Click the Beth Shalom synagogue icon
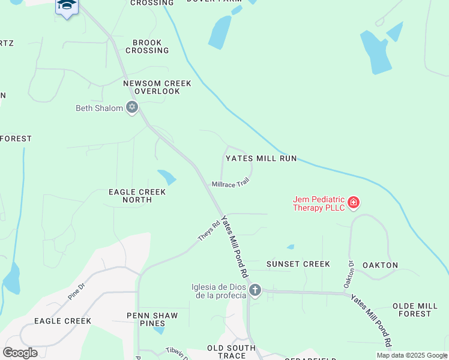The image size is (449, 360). [x=132, y=108]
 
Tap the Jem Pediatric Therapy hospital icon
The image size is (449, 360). [x=354, y=202]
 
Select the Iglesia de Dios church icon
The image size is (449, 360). [x=255, y=291]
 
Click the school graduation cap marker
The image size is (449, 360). [x=67, y=5]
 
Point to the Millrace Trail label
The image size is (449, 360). [x=230, y=182]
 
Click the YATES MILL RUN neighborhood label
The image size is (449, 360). [x=261, y=158]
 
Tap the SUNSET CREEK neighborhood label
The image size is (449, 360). [x=298, y=264]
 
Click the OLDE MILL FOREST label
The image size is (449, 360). [x=420, y=310]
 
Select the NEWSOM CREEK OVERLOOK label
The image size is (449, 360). [x=157, y=88]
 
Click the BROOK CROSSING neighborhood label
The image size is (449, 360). [x=147, y=46]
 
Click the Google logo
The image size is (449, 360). [x=20, y=353]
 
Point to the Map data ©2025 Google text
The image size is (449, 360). [x=411, y=355]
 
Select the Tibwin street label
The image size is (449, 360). [x=176, y=350]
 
